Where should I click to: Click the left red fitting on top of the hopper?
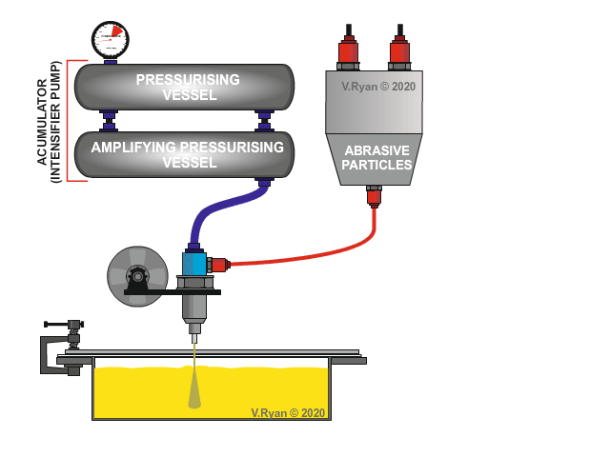tap(349, 53)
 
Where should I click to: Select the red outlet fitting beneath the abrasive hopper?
tap(375, 197)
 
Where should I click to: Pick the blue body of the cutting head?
tap(193, 263)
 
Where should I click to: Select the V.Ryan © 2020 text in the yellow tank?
tap(288, 412)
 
